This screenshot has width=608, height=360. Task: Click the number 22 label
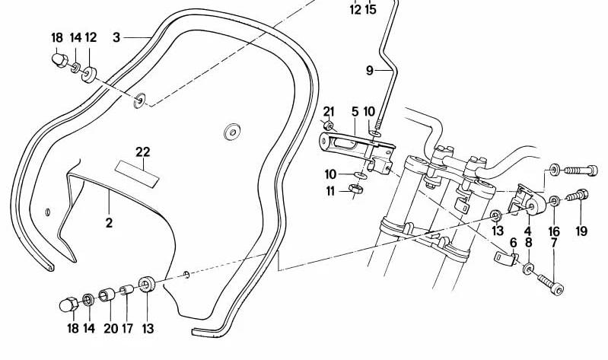[143, 151]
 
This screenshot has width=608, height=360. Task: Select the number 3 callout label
[116, 37]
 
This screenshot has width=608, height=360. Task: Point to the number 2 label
[109, 223]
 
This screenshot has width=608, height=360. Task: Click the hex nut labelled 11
[355, 190]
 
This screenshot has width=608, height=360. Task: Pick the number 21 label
[329, 112]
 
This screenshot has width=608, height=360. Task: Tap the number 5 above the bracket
[355, 112]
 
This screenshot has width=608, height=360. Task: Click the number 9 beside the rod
[369, 71]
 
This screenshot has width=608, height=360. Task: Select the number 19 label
[581, 231]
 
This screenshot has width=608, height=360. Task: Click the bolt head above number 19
[581, 194]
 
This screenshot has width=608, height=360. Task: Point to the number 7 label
[554, 244]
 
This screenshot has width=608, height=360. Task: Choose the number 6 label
[514, 243]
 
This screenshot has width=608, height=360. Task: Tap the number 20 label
[111, 329]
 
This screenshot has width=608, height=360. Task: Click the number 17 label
[127, 329]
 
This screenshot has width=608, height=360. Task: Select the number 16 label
[554, 231]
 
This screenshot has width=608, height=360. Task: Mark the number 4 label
[528, 231]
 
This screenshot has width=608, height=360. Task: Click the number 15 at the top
[371, 9]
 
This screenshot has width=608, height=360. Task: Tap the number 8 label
[529, 244]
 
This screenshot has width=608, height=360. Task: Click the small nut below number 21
[328, 126]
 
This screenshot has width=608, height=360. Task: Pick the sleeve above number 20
[107, 295]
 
